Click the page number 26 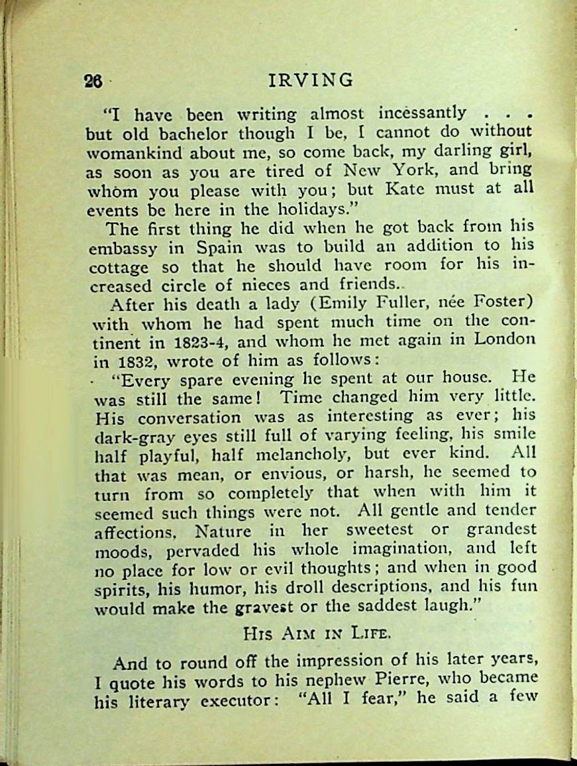93,81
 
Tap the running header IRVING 311,80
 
